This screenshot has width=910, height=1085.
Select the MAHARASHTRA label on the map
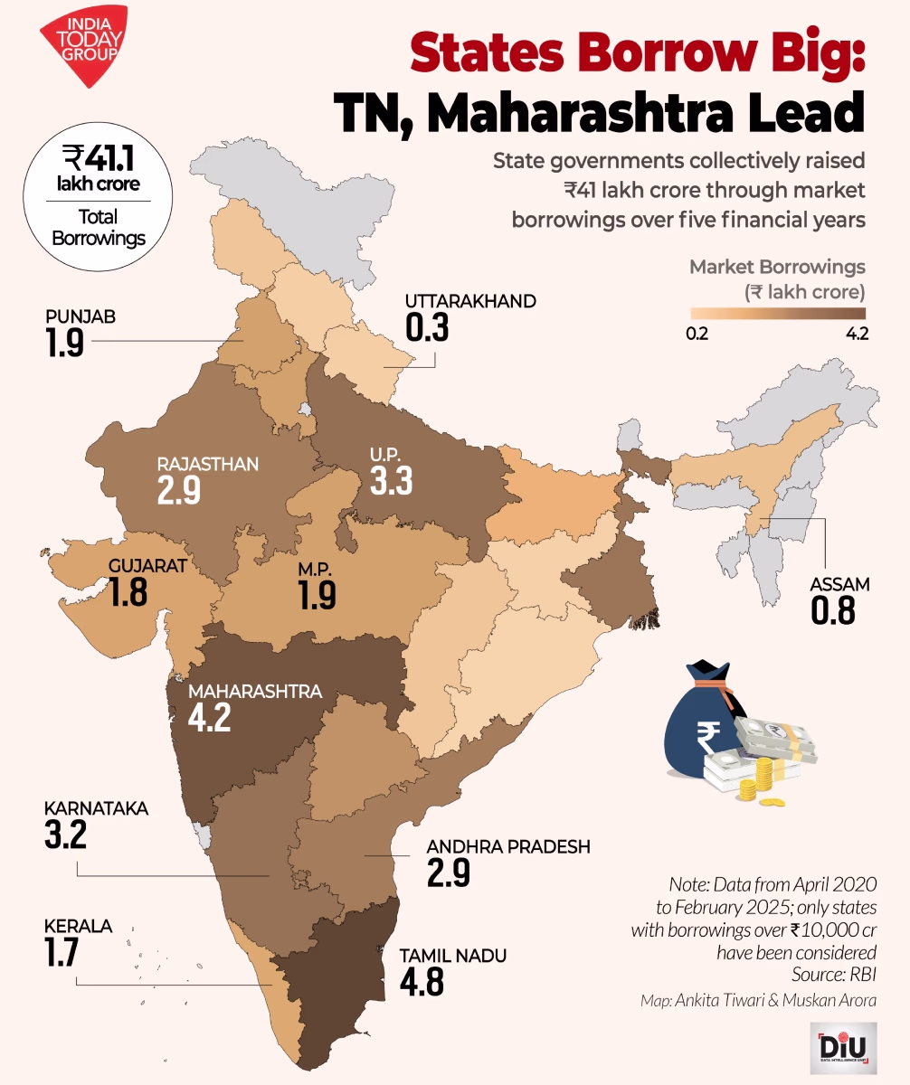click(x=254, y=692)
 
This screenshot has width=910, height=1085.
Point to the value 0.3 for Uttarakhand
click(x=428, y=327)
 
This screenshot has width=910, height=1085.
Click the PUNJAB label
click(x=81, y=317)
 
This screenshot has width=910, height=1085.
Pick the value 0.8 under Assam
click(x=833, y=611)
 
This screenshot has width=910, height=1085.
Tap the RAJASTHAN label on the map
click(x=208, y=465)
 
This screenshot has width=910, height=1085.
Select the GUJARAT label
click(x=147, y=567)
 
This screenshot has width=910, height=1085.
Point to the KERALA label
click(x=78, y=927)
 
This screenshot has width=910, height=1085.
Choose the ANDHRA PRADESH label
click(x=507, y=847)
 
